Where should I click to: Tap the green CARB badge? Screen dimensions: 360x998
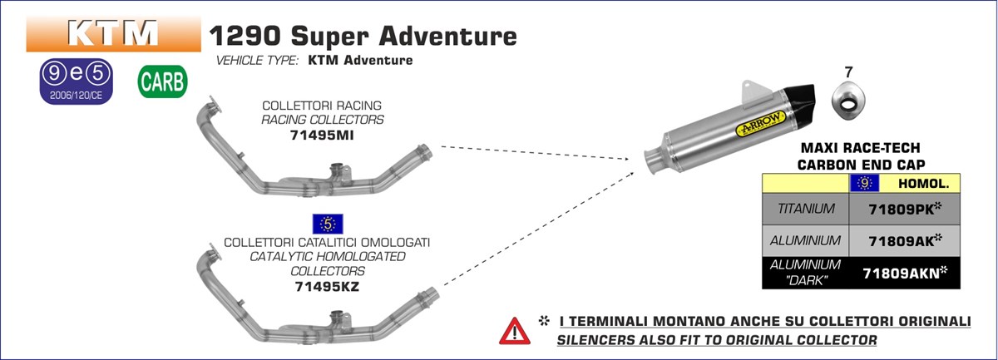click(163, 83)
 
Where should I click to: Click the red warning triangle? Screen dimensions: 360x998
click(514, 330)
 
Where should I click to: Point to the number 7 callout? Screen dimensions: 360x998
click(848, 73)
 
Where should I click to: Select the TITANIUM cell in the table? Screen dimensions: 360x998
click(804, 208)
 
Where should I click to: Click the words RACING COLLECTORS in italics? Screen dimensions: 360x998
click(322, 120)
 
